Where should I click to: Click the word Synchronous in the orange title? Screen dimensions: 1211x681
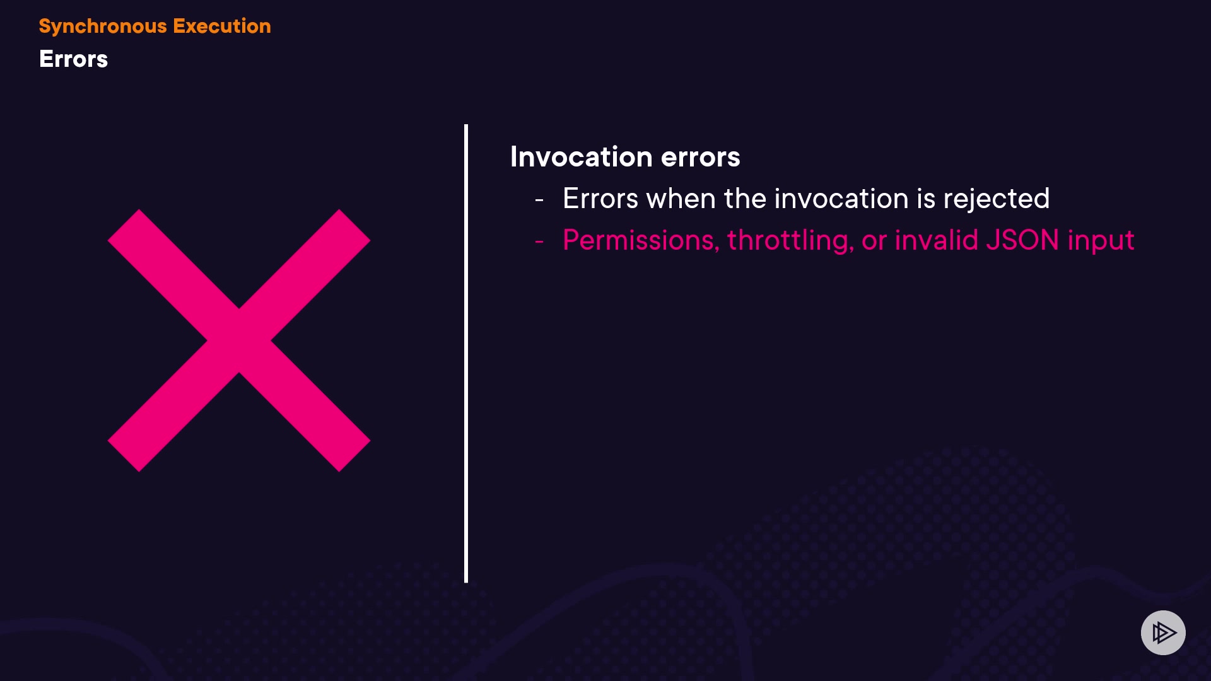103,26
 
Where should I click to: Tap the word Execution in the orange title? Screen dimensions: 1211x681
222,26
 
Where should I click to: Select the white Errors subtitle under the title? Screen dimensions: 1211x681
73,59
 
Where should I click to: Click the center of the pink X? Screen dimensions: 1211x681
239,340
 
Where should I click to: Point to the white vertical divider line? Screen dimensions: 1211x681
466,353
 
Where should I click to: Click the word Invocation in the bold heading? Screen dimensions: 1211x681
581,156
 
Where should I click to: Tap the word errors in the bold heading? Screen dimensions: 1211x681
700,158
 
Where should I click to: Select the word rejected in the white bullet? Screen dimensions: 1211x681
997,199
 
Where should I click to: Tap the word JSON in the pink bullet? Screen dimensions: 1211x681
1022,240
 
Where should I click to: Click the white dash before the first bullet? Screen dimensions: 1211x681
539,200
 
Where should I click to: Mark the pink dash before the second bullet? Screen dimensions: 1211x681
539,242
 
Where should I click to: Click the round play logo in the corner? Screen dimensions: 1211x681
1163,632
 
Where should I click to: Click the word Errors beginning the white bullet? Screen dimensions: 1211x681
600,199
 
